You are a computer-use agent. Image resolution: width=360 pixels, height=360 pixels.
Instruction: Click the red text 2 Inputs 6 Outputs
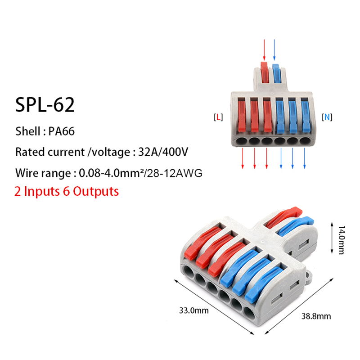(x=67, y=191)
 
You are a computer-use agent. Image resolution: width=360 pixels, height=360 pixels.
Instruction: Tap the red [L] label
(x=218, y=117)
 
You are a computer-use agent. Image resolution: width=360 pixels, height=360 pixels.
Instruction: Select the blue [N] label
(x=327, y=117)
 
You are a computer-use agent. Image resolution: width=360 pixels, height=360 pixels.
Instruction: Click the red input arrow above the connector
(x=264, y=49)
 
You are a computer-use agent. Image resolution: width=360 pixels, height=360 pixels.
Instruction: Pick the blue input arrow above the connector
(x=274, y=49)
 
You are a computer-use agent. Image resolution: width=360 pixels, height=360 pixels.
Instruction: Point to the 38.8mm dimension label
(x=317, y=316)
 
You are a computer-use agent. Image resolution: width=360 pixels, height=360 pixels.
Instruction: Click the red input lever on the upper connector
(x=265, y=72)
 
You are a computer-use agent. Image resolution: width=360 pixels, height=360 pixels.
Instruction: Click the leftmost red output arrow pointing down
(x=243, y=158)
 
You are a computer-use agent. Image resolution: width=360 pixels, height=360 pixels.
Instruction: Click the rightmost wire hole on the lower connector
(x=248, y=313)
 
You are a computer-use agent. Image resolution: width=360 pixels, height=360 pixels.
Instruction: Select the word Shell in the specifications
(x=28, y=132)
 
